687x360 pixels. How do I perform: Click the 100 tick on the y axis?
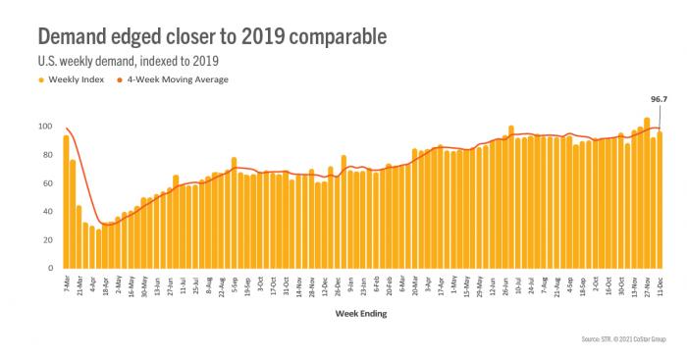tap(43, 127)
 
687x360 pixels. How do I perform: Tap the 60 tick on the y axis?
tap(45, 183)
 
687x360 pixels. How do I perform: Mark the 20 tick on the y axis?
tap(45, 240)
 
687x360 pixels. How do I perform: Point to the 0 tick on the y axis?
tap(48, 268)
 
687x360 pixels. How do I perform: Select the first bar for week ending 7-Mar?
tap(66, 201)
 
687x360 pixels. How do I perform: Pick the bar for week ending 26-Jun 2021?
tap(510, 196)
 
